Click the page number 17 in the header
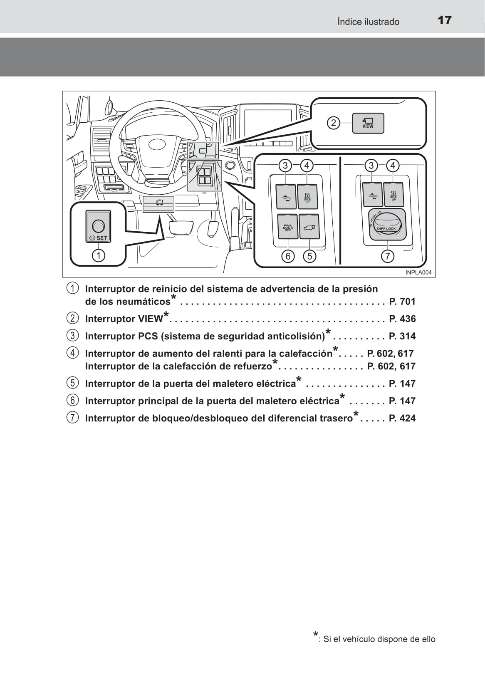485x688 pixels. point(444,20)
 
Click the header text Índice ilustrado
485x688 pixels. point(368,22)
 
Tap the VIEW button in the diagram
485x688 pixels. point(368,123)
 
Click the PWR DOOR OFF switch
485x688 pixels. point(288,227)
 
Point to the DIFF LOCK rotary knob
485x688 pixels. point(386,225)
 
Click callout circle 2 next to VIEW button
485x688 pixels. point(334,123)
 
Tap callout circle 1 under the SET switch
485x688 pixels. point(99,255)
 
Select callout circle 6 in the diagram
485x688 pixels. point(288,256)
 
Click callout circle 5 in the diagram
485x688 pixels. point(309,256)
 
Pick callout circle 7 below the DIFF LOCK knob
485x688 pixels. point(387,256)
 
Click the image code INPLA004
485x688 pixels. point(418,272)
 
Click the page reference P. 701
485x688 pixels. point(402,301)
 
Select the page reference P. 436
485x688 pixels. point(402,319)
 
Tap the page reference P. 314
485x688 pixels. point(402,336)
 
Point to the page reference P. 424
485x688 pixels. point(402,418)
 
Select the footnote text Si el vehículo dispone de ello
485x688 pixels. point(379,639)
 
